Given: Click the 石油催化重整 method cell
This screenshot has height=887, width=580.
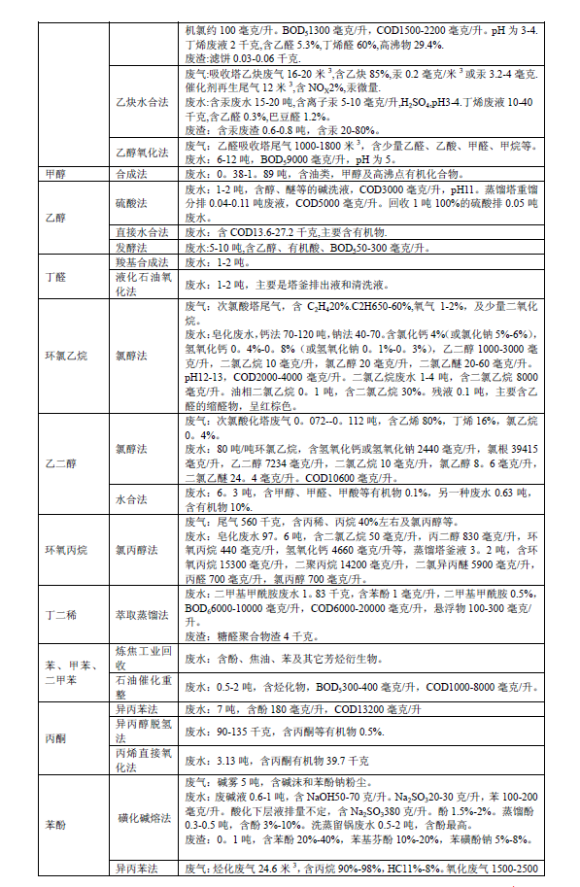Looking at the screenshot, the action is tap(144, 687).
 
